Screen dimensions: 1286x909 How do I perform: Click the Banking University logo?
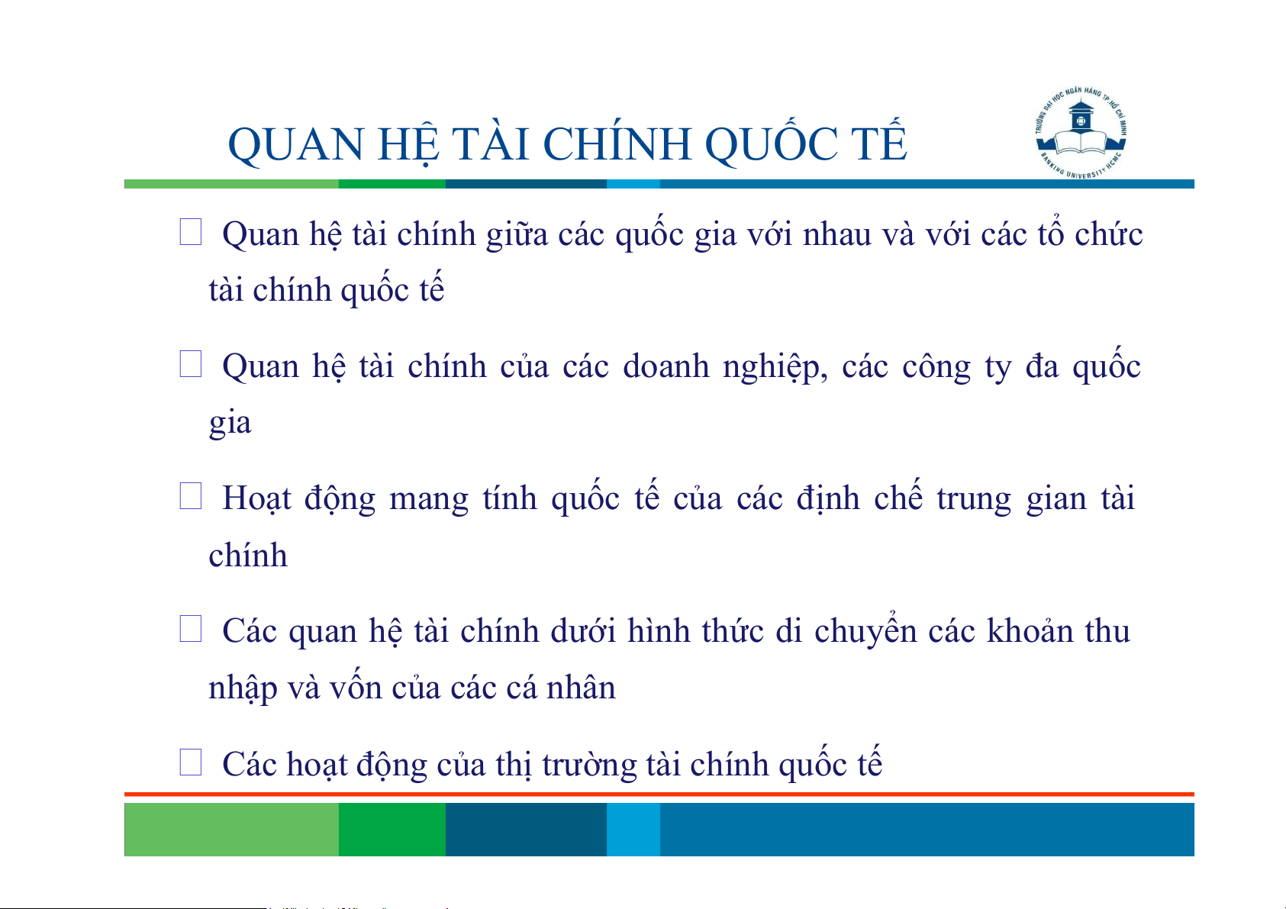(1081, 134)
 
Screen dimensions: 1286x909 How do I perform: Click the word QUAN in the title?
(296, 145)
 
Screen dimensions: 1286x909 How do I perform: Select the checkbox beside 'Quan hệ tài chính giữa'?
(191, 232)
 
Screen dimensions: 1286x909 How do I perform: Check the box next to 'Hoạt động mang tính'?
(191, 495)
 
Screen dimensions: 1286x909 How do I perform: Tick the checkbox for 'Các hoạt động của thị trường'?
(191, 762)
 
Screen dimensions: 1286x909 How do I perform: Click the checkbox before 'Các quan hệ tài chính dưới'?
(191, 629)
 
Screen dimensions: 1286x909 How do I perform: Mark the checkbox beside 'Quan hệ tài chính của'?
(191, 364)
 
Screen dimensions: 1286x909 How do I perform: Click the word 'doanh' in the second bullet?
(666, 366)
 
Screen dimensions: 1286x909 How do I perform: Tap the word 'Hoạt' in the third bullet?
(256, 498)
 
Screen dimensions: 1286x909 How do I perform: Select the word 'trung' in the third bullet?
(974, 500)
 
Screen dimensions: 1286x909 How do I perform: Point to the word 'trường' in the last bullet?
(589, 764)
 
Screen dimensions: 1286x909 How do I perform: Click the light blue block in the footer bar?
(633, 829)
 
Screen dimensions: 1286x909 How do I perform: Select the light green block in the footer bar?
(231, 829)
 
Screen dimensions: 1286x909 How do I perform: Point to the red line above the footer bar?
(659, 795)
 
